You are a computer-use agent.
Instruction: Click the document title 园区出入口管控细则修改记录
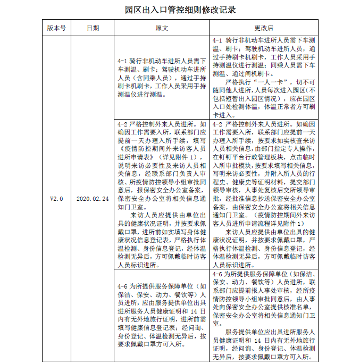pos(180,10)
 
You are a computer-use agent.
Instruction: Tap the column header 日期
pos(93,28)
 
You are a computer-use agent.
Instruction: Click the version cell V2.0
pos(56,198)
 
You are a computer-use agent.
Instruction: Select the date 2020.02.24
pos(93,198)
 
